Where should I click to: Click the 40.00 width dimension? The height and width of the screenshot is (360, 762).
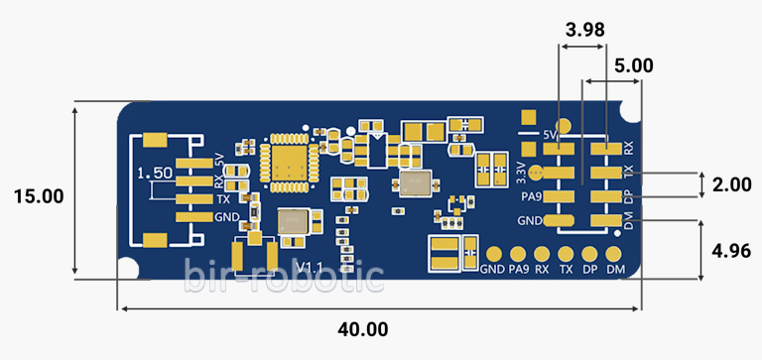click(x=363, y=329)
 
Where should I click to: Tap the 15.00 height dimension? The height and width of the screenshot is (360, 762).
click(x=39, y=196)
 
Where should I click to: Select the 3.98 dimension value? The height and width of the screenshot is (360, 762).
click(x=583, y=30)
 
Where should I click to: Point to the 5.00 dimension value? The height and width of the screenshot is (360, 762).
click(x=633, y=66)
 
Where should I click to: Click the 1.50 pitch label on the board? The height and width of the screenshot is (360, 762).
click(x=156, y=173)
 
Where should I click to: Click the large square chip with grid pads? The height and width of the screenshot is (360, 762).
click(x=289, y=162)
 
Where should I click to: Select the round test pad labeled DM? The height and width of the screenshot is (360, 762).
click(x=615, y=254)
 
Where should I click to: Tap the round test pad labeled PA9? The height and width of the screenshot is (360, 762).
click(x=518, y=254)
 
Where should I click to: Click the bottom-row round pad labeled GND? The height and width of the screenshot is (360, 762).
click(x=493, y=254)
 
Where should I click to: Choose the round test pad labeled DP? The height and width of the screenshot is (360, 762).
click(x=590, y=254)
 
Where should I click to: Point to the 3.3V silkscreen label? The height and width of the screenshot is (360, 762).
click(x=521, y=171)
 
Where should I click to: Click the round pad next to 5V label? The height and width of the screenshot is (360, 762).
click(x=564, y=127)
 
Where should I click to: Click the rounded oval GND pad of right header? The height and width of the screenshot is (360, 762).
click(x=560, y=220)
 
